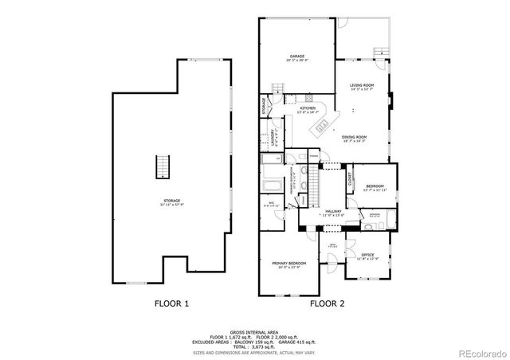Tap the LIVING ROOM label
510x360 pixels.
[363, 86]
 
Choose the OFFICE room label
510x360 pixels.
[367, 256]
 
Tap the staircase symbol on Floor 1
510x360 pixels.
[163, 168]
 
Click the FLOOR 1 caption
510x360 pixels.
[171, 303]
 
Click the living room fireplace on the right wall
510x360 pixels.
[390, 101]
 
